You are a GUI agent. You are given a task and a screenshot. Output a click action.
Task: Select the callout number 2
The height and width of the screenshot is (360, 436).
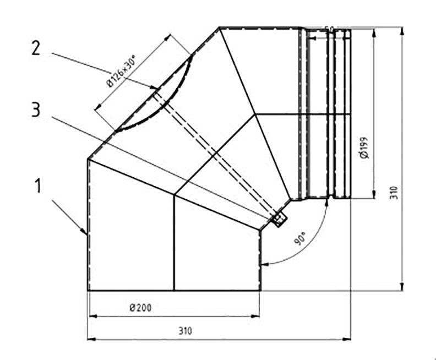[36, 48]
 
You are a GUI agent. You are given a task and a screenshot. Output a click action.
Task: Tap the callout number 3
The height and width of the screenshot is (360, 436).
[36, 111]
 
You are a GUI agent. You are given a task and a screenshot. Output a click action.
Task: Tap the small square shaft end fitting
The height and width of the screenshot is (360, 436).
[279, 220]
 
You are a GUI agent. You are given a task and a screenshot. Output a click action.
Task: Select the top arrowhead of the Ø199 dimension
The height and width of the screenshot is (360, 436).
[374, 32]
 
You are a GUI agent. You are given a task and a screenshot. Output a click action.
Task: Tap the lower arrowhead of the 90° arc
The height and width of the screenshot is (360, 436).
[264, 264]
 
